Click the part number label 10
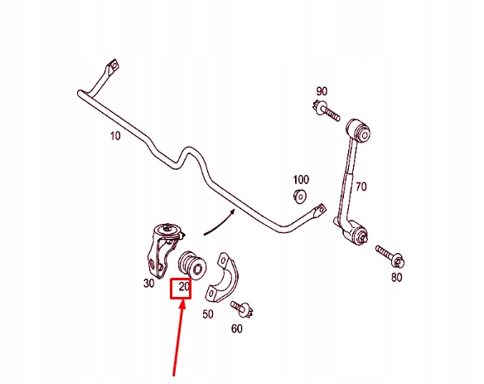coord(115,136)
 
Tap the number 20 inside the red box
coord(184,287)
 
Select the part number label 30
coord(149,283)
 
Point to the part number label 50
coord(208,314)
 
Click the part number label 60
coord(237,328)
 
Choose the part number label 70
coord(361,187)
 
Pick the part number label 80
coord(397,277)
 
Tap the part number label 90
coord(322,91)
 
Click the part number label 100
coord(301,179)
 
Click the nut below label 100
coord(299,197)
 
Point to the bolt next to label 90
coord(326,110)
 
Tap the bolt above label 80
coord(390,256)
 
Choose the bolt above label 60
coord(242,309)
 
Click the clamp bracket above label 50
coord(221,278)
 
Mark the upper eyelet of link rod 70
coord(358,129)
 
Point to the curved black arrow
coord(220,223)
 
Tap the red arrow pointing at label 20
coord(179,339)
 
